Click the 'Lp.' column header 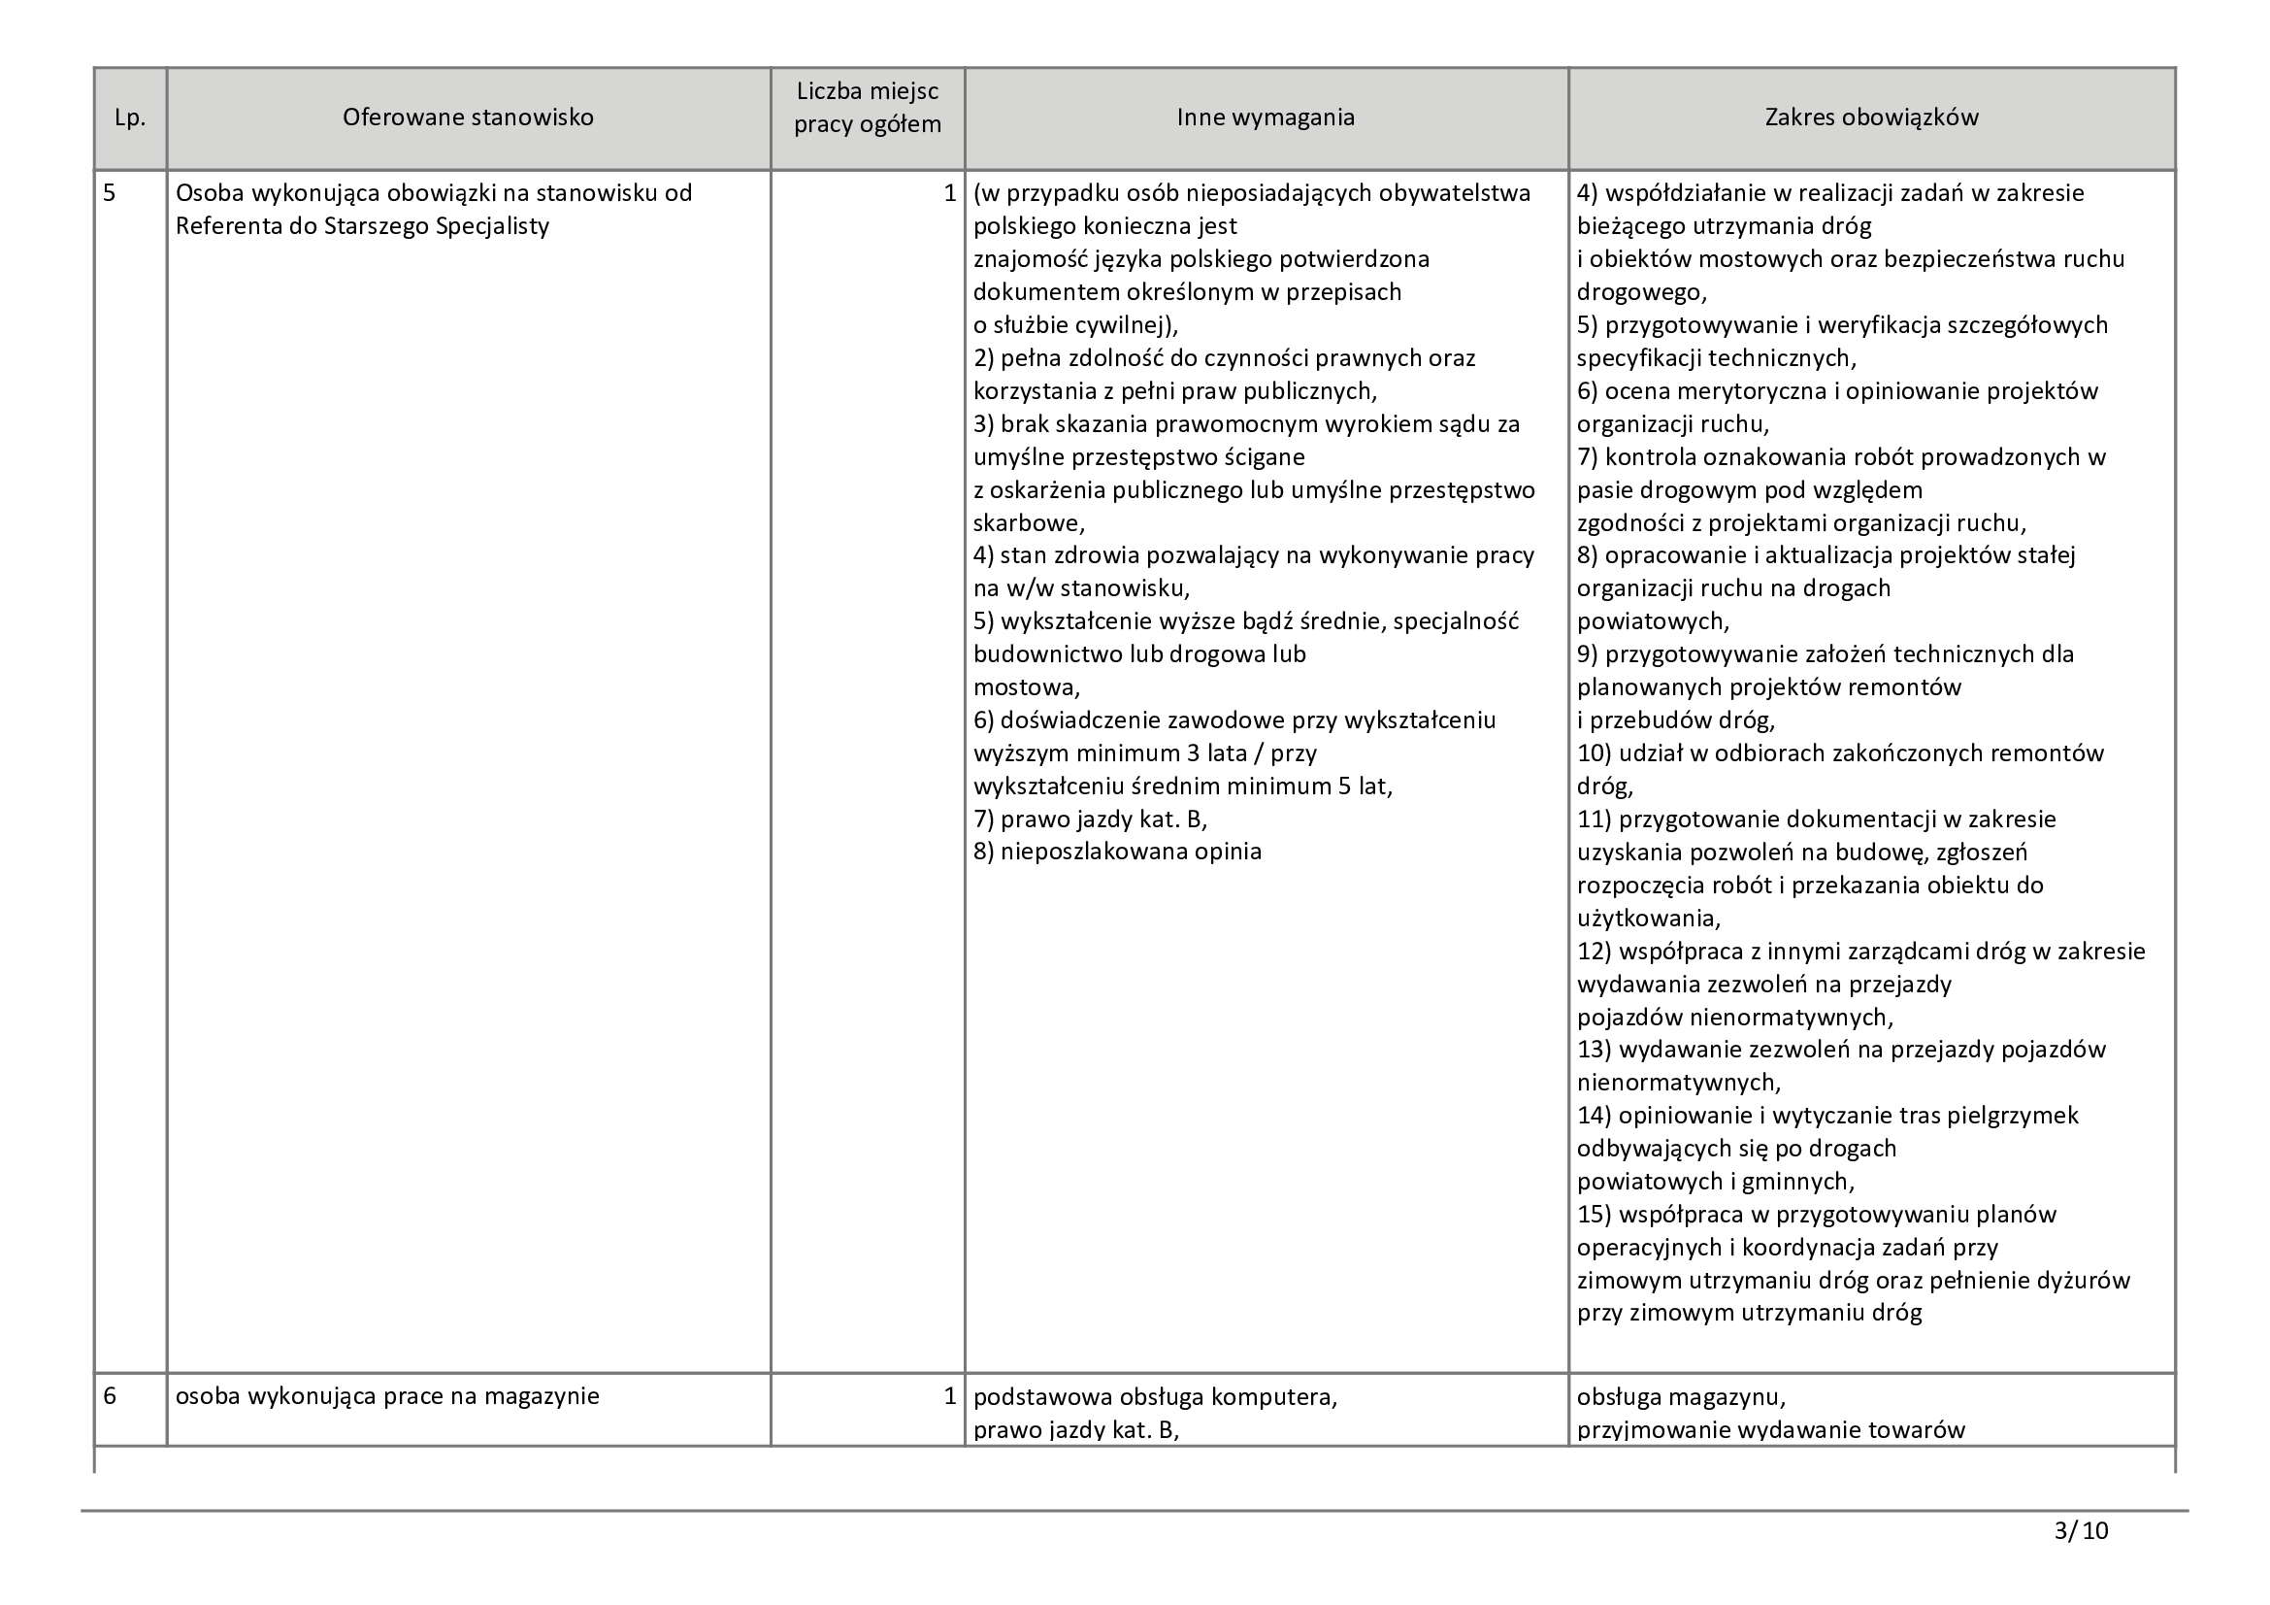[x=129, y=117]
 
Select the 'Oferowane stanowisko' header [x=468, y=117]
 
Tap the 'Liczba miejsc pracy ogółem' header [x=867, y=108]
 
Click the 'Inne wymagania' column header [x=1265, y=117]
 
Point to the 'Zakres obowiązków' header [x=1870, y=117]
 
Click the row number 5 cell [x=110, y=193]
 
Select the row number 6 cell [x=110, y=1396]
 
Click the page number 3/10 [x=2080, y=1532]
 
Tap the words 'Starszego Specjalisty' [x=436, y=226]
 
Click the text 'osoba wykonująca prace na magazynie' [x=387, y=1396]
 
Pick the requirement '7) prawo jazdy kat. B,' [x=1090, y=819]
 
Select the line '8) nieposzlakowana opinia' [x=1117, y=852]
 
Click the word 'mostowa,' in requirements [x=1026, y=687]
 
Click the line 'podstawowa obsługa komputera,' [x=1155, y=1396]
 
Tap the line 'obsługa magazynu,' [x=1681, y=1396]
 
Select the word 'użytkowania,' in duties [x=1648, y=918]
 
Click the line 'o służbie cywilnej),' [x=1075, y=325]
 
